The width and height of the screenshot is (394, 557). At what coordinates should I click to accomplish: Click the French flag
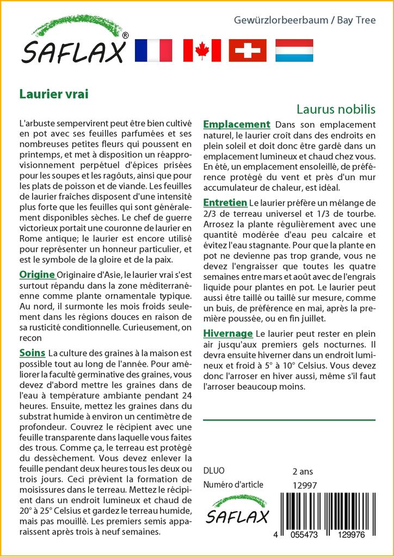pos(153,50)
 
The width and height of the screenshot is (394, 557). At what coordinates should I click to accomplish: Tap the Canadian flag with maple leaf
pos(202,50)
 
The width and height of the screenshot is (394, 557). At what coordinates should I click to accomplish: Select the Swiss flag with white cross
pos(248,50)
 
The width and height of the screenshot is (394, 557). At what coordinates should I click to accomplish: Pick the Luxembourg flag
pos(294,50)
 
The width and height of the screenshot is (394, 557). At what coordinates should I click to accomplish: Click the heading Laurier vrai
pos(53,93)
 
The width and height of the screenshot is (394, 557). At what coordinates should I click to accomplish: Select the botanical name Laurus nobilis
pos(336,109)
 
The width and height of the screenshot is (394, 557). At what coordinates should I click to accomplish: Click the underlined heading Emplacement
pos(236,124)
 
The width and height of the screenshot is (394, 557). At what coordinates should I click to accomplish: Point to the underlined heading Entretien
pos(225,202)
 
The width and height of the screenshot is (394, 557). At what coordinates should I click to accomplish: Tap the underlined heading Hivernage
pos(227,333)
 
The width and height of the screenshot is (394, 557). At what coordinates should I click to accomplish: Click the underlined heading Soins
pos(32,353)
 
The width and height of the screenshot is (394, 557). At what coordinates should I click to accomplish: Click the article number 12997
pos(304,485)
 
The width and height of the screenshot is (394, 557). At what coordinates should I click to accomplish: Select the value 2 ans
pos(303,471)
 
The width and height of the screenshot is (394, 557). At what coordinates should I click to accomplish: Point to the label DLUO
pos(213,471)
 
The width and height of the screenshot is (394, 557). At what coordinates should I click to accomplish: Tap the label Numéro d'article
pos(233,485)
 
